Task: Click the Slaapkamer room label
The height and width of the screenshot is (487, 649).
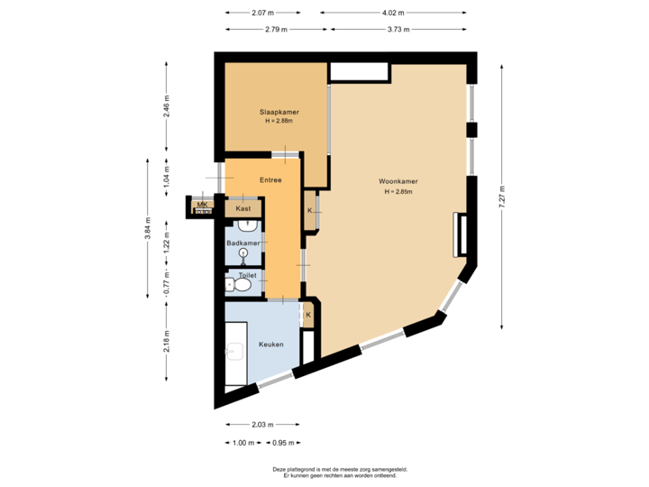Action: click(x=279, y=111)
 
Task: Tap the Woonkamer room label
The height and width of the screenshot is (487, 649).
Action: click(x=398, y=181)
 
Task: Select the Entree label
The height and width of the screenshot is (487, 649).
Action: click(x=270, y=179)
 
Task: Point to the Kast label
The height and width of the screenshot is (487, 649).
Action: click(x=242, y=208)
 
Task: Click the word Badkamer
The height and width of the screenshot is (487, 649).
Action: click(x=243, y=243)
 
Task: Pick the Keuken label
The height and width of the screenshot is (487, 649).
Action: click(x=271, y=345)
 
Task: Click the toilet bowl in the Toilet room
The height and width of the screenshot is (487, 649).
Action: click(x=242, y=285)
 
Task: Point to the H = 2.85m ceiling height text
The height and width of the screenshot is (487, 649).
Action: click(x=398, y=192)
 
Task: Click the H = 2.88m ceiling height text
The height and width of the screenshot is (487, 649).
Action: click(x=279, y=121)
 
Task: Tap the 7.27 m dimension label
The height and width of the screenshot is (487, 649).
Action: click(x=502, y=197)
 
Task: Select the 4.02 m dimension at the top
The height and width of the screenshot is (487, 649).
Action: click(x=392, y=13)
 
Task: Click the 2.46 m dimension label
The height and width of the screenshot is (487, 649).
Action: click(x=167, y=106)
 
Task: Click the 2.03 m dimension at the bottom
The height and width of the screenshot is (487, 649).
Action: click(x=262, y=425)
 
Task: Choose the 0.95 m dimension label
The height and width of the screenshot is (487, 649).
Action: click(x=284, y=443)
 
